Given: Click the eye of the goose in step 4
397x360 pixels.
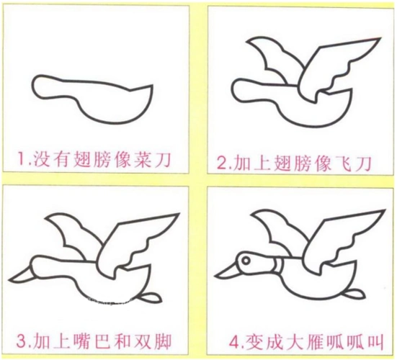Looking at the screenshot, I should point(247,257).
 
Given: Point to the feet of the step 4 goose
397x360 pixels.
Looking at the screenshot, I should point(354,292).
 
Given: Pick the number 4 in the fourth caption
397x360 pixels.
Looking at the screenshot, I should point(223,338).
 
